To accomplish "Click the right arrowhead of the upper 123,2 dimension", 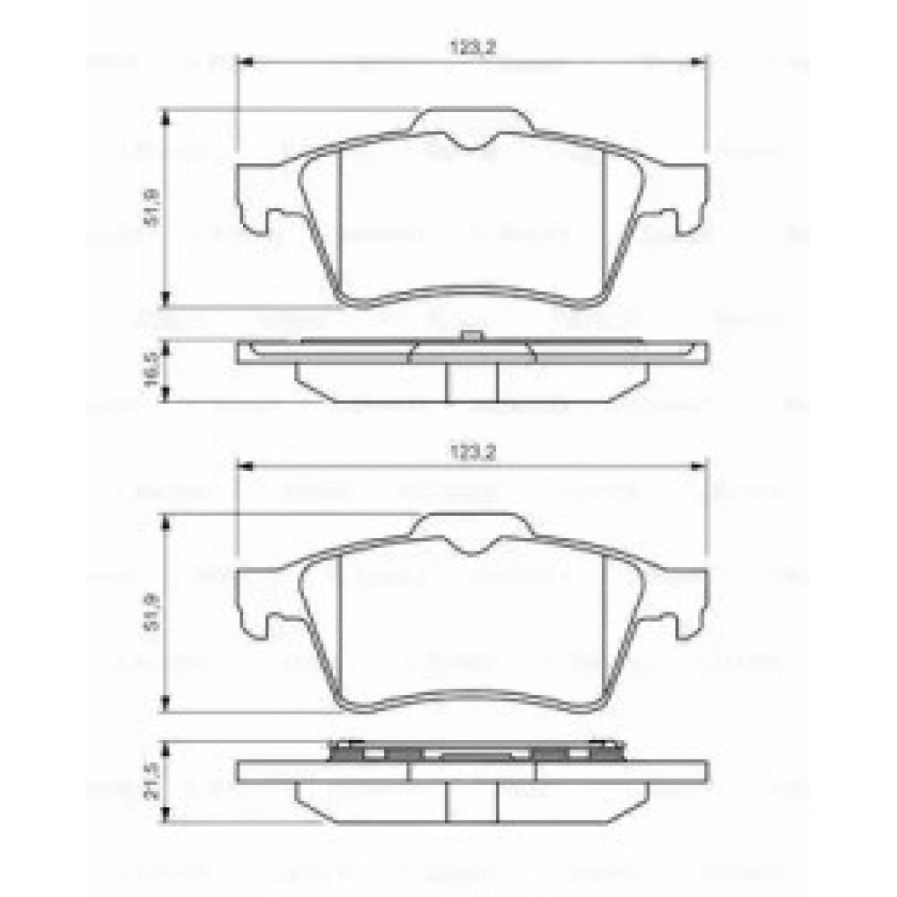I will pyautogui.click(x=702, y=62).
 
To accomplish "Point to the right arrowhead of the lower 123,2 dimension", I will pyautogui.click(x=702, y=466).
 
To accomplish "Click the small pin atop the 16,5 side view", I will pyautogui.click(x=470, y=336).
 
